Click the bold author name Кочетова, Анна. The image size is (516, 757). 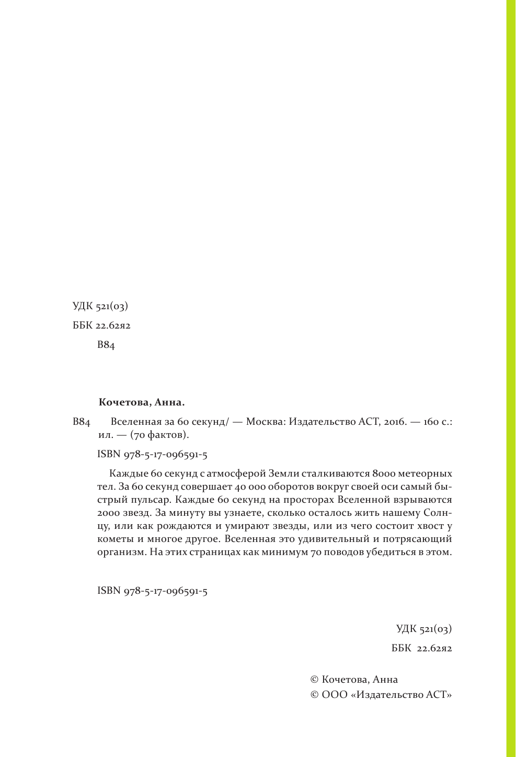(x=142, y=403)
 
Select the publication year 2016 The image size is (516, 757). (x=395, y=422)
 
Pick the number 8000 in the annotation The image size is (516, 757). (x=384, y=473)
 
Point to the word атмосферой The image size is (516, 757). (x=236, y=473)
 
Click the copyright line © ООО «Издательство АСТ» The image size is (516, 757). (x=381, y=694)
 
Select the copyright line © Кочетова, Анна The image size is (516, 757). (x=354, y=679)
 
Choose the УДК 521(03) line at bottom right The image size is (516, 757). (x=424, y=629)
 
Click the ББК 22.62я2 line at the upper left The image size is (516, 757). (x=101, y=325)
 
